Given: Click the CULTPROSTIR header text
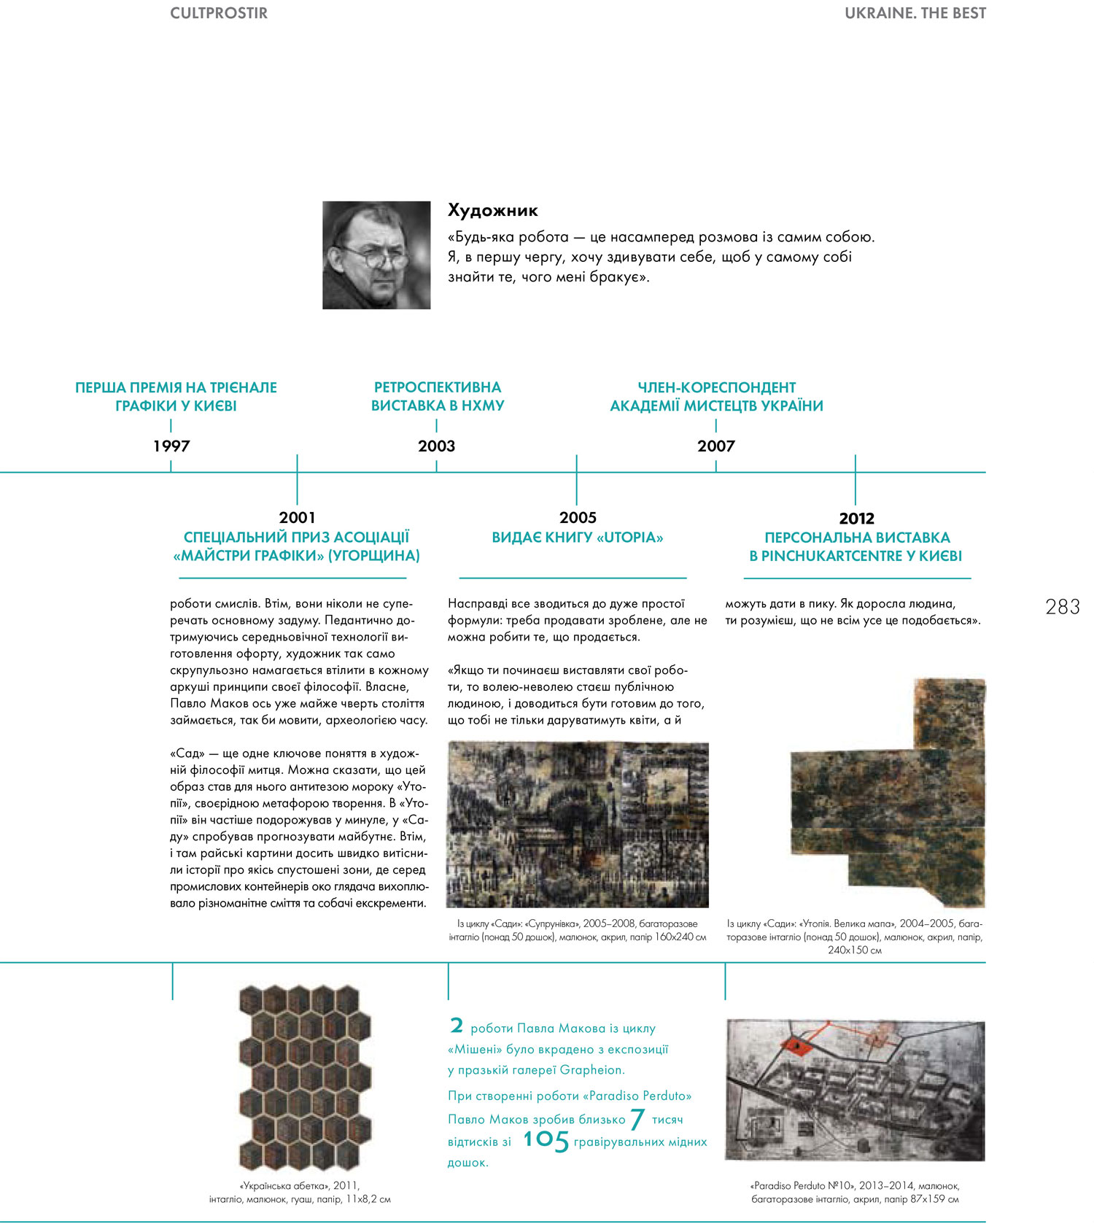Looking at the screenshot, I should [x=218, y=13].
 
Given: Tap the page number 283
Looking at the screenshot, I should [x=1062, y=607].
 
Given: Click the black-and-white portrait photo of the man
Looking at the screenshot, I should [x=376, y=255].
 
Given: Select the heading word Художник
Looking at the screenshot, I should [x=492, y=211].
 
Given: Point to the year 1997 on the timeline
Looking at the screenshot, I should [x=171, y=446].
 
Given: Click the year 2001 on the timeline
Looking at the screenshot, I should [x=297, y=517].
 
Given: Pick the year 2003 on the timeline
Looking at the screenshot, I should [x=436, y=446].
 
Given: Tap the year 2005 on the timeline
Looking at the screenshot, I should [x=578, y=517].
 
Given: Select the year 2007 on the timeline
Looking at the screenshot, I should [x=715, y=446].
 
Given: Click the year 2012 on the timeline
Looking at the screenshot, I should [x=856, y=518].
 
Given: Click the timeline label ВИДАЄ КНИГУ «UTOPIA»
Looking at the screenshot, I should [x=578, y=538].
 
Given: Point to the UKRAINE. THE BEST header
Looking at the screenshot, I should [x=915, y=13].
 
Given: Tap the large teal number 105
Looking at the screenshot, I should [x=546, y=1139].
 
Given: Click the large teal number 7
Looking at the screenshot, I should [x=637, y=1118].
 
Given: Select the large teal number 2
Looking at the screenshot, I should [x=457, y=1026].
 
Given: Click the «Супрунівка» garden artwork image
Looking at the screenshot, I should [x=578, y=824].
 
